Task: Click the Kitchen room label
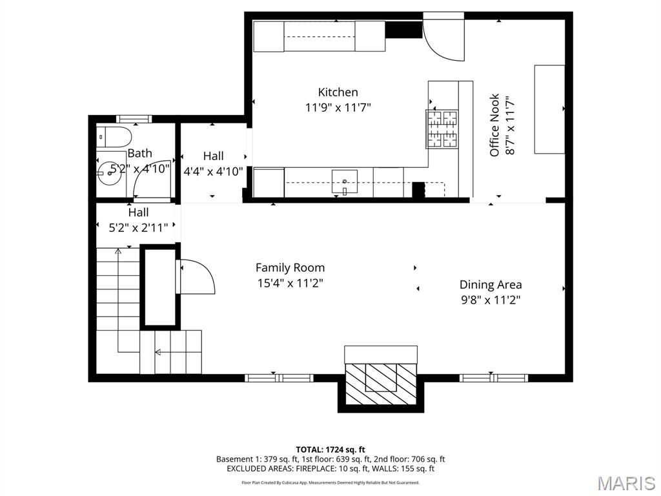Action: (338, 92)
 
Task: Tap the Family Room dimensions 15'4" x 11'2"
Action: (290, 282)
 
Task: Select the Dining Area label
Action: (491, 284)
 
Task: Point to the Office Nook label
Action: (494, 126)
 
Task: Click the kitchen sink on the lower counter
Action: (344, 181)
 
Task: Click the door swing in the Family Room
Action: (196, 276)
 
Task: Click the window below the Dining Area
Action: (493, 378)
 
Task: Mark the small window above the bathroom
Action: (134, 118)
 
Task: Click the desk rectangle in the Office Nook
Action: (549, 109)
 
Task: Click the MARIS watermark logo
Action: (625, 483)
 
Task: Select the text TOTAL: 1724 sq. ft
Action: (330, 449)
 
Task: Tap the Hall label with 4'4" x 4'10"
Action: (213, 156)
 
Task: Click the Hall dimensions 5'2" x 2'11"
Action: (138, 227)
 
